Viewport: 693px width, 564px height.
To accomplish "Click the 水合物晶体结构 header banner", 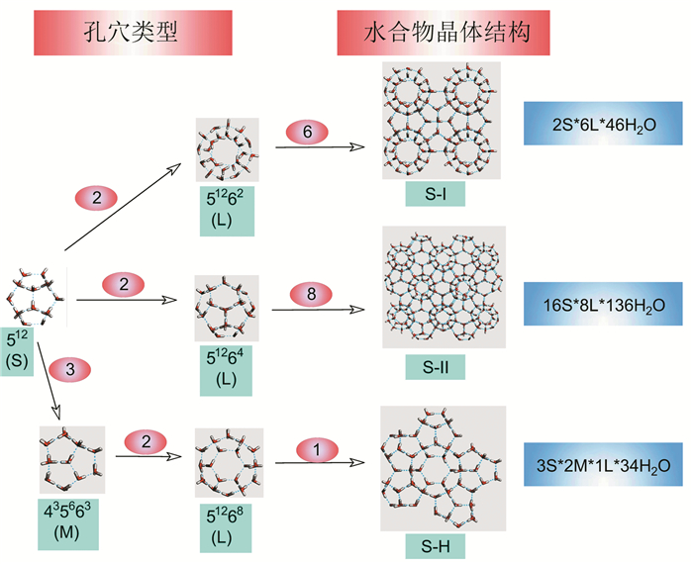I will pyautogui.click(x=443, y=33).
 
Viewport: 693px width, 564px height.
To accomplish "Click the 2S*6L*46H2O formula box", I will pyautogui.click(x=603, y=126).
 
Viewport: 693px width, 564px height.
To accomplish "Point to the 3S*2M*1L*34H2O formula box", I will pyautogui.click(x=603, y=464).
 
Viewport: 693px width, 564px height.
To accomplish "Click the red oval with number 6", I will pyautogui.click(x=309, y=132).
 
